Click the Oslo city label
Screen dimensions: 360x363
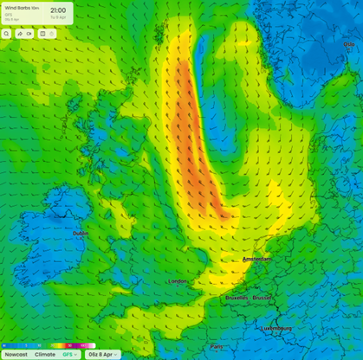[x=349, y=43]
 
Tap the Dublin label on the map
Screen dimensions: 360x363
[x=80, y=233]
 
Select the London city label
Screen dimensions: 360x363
[x=177, y=281]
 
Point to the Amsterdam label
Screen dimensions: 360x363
[x=257, y=259]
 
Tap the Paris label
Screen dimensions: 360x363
[x=216, y=346]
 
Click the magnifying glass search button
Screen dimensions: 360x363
[x=6, y=34]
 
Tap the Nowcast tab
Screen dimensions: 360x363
[x=15, y=354]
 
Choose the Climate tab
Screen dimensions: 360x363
[x=44, y=354]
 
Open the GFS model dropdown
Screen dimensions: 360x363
[x=68, y=354]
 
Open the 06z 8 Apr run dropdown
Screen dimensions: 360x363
[x=102, y=354]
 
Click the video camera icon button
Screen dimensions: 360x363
[x=29, y=34]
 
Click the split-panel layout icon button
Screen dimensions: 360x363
[x=42, y=34]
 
